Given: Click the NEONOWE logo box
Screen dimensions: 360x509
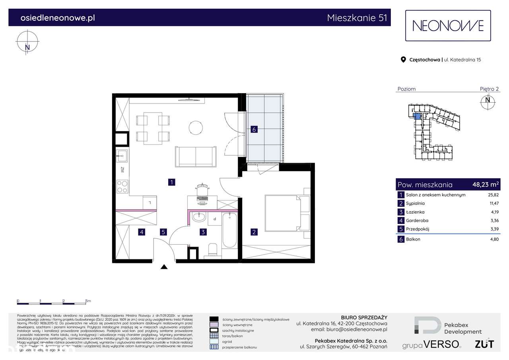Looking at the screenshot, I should point(448,26).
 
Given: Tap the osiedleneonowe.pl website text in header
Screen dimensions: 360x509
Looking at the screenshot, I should point(58,18).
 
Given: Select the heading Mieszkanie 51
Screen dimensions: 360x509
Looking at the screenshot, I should point(356,18).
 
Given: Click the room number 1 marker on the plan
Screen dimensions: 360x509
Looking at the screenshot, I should point(171,182).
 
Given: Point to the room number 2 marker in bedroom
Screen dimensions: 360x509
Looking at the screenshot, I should point(253,232).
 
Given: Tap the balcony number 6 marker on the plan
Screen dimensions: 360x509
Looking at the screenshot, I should point(254,129).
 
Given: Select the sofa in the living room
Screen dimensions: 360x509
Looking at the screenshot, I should point(196,157).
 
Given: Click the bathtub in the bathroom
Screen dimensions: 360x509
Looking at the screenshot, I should point(229,230).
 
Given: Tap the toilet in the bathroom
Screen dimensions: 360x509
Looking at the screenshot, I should point(213,249).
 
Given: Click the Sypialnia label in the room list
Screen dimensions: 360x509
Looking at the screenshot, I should point(415,203).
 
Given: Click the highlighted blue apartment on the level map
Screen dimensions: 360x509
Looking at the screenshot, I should point(417,116).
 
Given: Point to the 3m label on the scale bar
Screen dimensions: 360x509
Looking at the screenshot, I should point(88,301).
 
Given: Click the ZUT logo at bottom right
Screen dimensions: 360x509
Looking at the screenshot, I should point(484,344).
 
